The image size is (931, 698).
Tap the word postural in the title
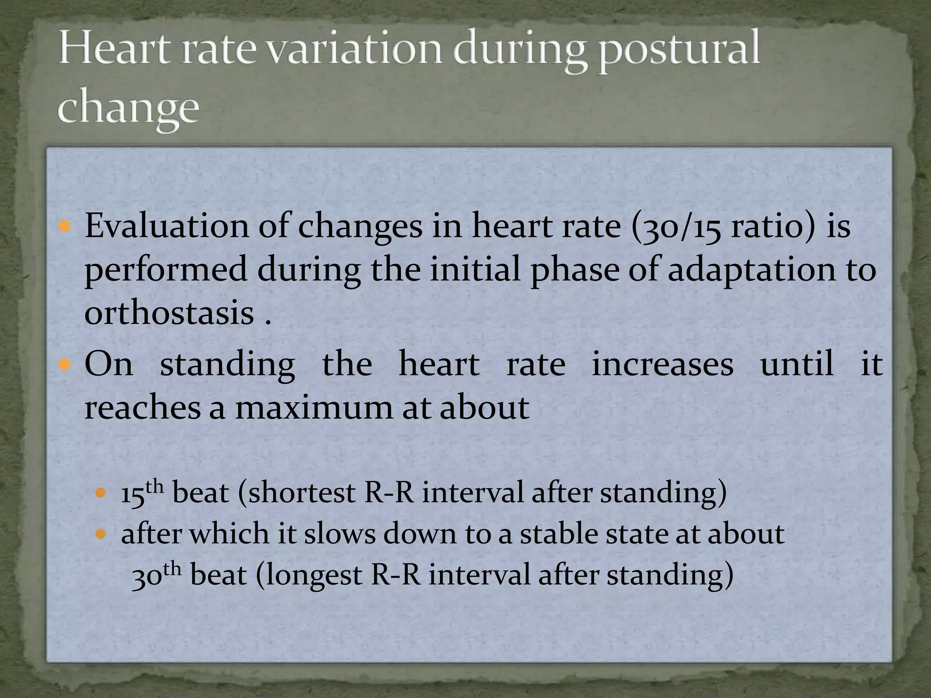pos(677,51)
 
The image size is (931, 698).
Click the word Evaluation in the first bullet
pos(166,226)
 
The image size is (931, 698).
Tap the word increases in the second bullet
pos(662,364)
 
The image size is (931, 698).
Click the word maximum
pos(314,407)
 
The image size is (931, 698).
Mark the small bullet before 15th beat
pos(102,493)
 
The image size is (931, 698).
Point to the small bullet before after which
pos(102,533)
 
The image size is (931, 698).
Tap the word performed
pos(165,269)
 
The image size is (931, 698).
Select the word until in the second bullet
pos(797,364)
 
